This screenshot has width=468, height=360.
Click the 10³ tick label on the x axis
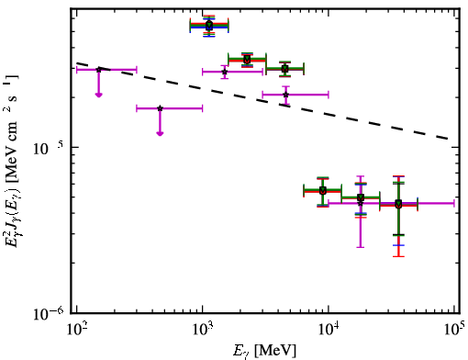[x=202, y=329]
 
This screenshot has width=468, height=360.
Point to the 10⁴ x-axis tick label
[x=329, y=329]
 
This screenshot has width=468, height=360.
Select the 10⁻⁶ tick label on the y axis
[x=48, y=313]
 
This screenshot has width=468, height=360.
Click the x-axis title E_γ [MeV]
[x=264, y=351]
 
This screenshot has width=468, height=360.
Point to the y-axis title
[x=12, y=163]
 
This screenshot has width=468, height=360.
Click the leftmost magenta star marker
[x=98, y=70]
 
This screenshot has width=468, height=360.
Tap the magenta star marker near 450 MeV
[x=160, y=108]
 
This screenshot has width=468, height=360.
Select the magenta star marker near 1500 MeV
[x=225, y=72]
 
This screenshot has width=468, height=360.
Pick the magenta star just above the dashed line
[x=286, y=95]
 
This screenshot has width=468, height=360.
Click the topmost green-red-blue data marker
[x=209, y=26]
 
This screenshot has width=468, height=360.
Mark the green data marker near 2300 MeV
[x=247, y=59]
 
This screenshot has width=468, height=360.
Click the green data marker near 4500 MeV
[x=285, y=69]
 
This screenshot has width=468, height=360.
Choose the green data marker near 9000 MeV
[x=323, y=190]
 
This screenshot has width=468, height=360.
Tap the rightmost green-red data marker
[x=398, y=204]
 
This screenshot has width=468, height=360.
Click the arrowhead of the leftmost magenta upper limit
[x=98, y=95]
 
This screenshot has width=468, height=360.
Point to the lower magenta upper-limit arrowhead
[x=160, y=133]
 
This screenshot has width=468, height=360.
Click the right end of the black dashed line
[x=449, y=139]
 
